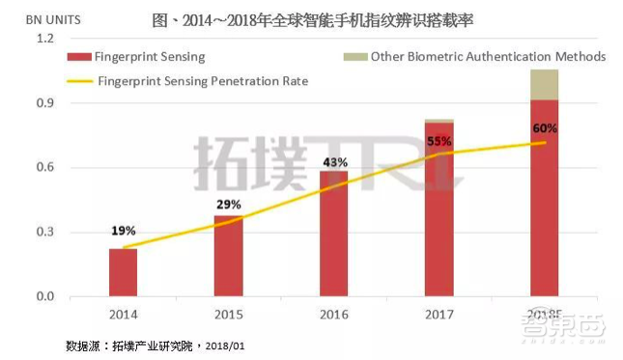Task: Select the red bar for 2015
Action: tap(228, 256)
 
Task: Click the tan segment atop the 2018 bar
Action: tap(545, 85)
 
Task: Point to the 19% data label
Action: tap(123, 231)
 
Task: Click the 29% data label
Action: tap(228, 206)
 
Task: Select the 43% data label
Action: tap(334, 162)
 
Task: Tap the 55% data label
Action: tap(439, 141)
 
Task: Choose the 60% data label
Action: tap(545, 128)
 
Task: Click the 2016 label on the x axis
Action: tap(334, 314)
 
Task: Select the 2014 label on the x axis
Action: tap(123, 314)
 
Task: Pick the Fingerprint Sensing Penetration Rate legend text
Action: tap(203, 82)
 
